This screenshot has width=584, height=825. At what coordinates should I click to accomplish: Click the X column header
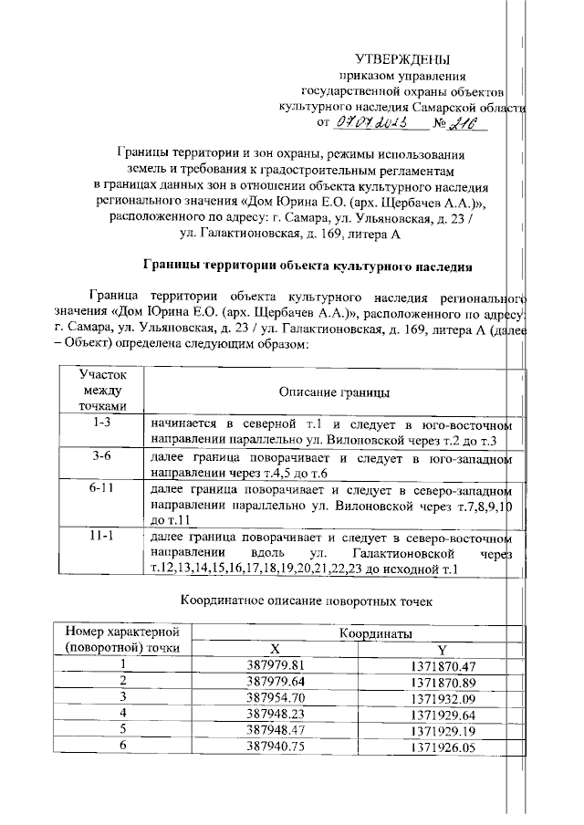[287, 649]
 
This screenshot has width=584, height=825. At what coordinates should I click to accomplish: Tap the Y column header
[442, 649]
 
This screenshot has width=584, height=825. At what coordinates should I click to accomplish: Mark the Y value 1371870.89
[444, 682]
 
